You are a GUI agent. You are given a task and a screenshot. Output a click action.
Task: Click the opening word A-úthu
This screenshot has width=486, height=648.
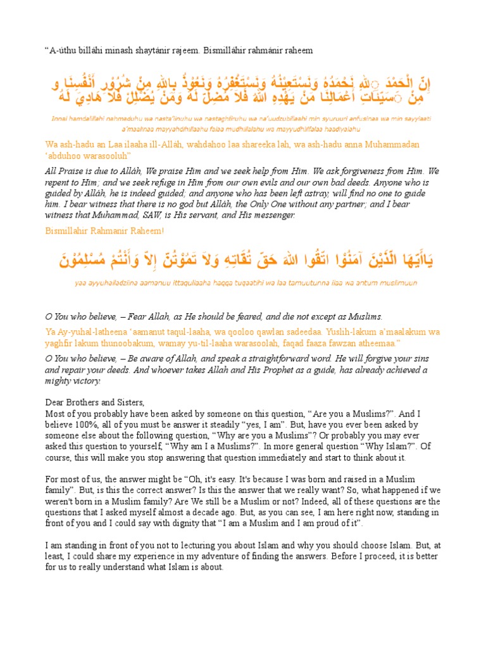63,50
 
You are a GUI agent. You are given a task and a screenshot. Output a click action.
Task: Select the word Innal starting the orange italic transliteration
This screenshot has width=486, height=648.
61,118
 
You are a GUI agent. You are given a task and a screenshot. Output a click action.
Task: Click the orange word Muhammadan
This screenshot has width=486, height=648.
390,145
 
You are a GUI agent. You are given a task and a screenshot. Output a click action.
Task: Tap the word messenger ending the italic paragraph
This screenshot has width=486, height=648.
272,215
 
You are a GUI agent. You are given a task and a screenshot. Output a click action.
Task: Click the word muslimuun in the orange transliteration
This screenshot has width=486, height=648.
396,283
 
